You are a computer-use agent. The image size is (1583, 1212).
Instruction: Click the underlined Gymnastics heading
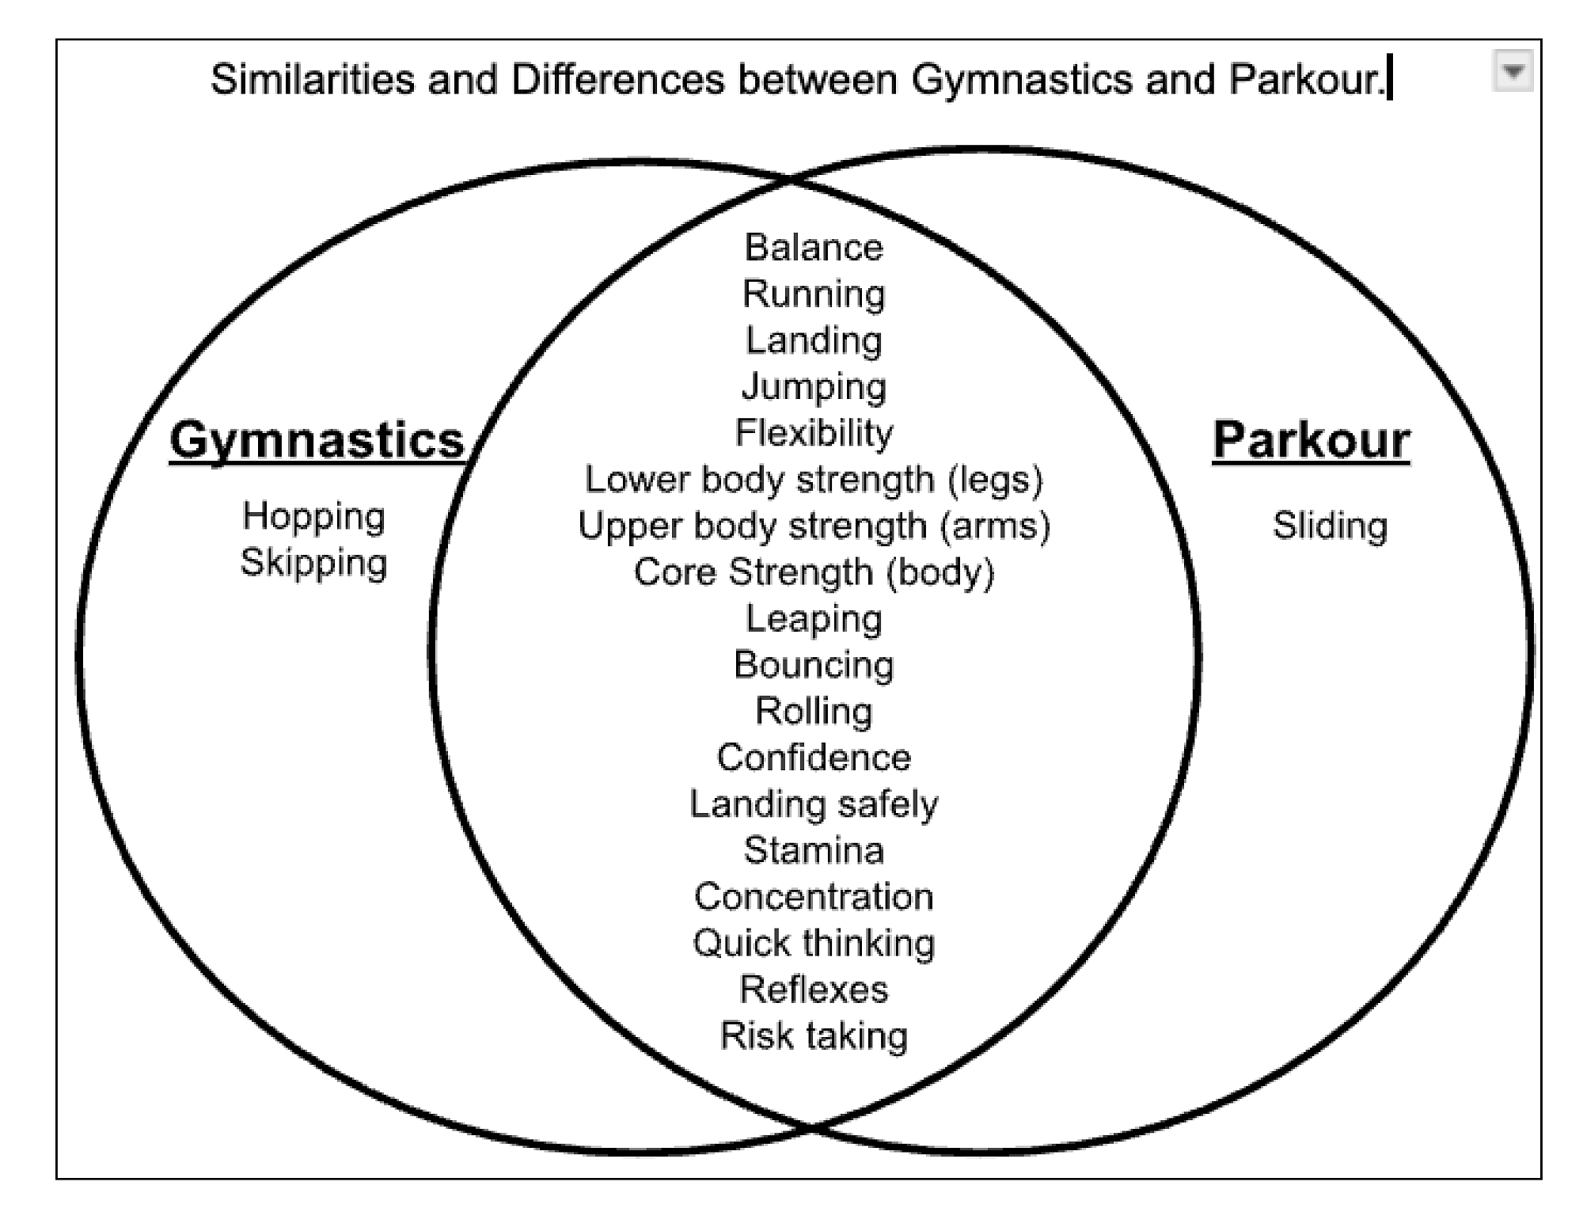[317, 442]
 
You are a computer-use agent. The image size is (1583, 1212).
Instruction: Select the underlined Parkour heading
[1311, 440]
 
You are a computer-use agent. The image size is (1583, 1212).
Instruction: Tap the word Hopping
[313, 518]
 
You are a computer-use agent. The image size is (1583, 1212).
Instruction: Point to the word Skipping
[313, 564]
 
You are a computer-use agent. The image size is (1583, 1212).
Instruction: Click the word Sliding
[1330, 526]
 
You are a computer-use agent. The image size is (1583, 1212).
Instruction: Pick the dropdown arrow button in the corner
[1513, 71]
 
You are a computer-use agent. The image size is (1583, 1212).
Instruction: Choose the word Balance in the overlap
[814, 248]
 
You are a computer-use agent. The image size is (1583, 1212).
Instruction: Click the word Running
[814, 294]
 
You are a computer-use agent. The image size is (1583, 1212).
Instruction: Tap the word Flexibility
[814, 433]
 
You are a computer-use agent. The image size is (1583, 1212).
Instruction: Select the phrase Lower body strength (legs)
[814, 480]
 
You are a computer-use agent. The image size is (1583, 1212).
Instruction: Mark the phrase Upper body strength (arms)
[814, 526]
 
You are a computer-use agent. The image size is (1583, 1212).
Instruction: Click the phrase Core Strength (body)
[814, 572]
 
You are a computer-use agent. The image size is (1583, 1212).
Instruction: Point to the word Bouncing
[814, 665]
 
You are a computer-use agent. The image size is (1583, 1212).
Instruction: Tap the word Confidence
[814, 758]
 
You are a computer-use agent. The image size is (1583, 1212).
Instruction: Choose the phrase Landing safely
[814, 804]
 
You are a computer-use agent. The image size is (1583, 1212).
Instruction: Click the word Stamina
[814, 850]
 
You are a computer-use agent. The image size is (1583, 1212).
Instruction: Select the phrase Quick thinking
[814, 944]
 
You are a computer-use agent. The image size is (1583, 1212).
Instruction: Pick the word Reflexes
[814, 990]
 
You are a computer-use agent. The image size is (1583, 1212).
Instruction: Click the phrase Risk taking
[814, 1036]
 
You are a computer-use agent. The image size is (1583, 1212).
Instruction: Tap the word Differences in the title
[617, 80]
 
